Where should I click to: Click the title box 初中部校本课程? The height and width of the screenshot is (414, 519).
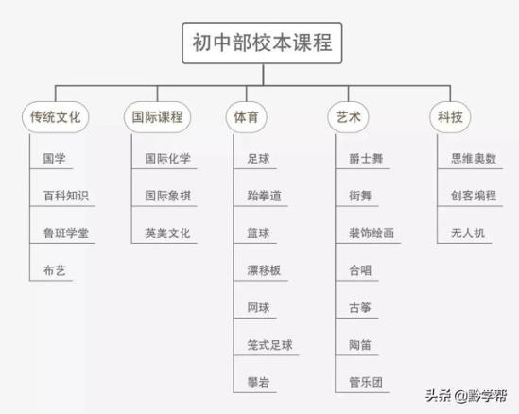point(262,43)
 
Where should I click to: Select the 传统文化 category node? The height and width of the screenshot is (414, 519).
point(56,117)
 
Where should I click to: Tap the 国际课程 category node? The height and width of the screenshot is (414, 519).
point(157,117)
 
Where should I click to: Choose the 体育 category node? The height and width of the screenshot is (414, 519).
point(246,117)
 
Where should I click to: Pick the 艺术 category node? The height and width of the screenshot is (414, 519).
point(348,117)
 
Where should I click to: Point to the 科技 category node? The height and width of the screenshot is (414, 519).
point(450,117)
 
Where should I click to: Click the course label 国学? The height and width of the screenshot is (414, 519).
point(54,159)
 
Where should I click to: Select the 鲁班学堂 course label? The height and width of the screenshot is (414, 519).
point(66,233)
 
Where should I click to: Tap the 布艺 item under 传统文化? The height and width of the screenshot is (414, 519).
point(54,270)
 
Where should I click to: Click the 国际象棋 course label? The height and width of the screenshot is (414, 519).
point(168,196)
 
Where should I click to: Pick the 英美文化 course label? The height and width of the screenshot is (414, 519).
point(168,233)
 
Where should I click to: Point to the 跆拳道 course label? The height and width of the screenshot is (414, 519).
point(264,196)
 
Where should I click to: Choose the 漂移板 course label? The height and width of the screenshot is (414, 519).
point(264,270)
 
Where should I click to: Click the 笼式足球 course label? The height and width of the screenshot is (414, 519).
point(269,345)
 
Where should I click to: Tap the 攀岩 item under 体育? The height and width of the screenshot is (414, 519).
point(258,382)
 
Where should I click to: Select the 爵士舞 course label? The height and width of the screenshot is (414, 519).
point(366,159)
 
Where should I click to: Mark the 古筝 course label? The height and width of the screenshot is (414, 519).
point(360,308)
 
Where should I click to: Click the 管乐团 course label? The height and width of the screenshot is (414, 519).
point(366,382)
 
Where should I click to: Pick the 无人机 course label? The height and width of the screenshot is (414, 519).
point(468,233)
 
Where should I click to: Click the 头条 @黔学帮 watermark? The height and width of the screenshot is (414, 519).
point(466,395)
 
